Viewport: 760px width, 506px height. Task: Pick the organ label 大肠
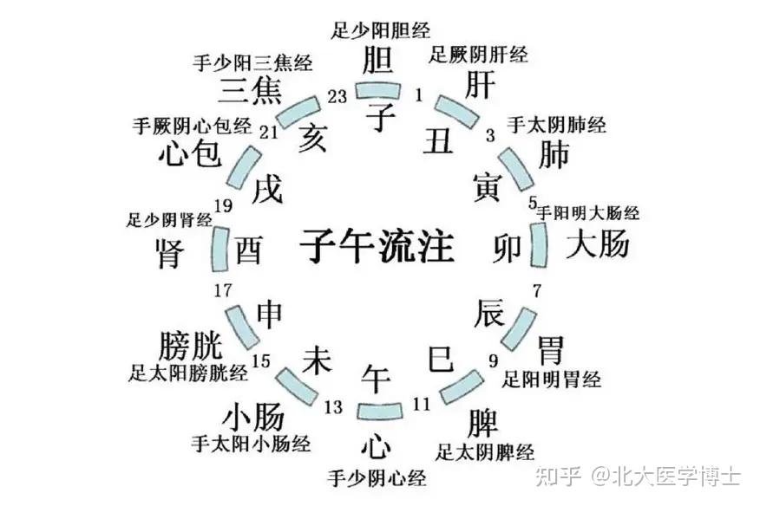click(x=598, y=245)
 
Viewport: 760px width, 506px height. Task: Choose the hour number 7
click(x=536, y=289)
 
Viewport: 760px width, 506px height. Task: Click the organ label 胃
click(x=550, y=350)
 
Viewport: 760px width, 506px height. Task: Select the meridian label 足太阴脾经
click(x=485, y=451)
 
